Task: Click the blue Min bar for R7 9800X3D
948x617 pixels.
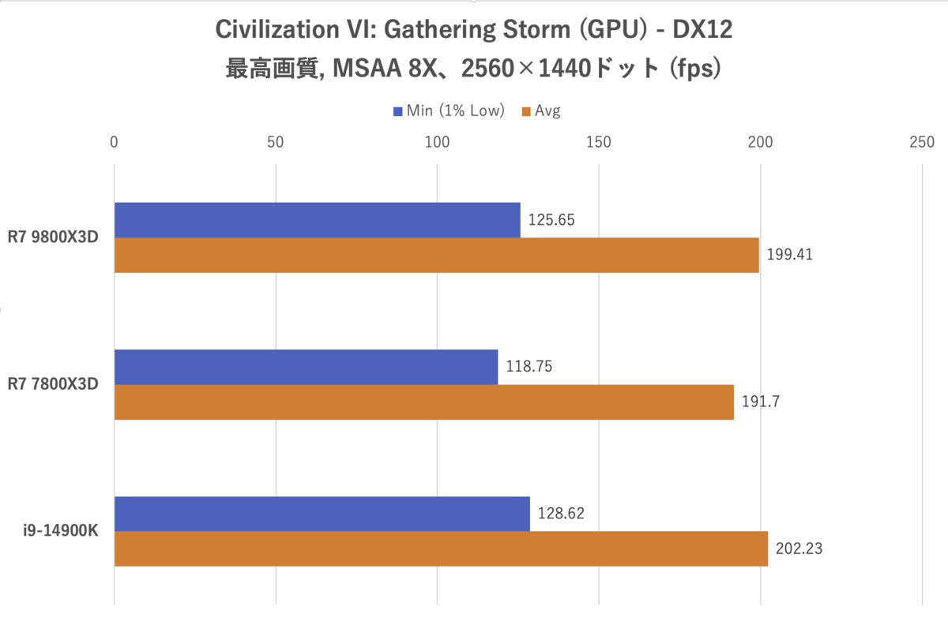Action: (317, 220)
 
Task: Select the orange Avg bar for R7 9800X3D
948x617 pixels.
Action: (436, 255)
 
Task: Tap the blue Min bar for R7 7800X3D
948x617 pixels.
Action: (306, 367)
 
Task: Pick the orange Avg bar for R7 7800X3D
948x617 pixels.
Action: (423, 402)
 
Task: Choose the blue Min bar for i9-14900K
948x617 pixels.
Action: (322, 514)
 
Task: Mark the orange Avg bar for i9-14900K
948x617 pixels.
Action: (441, 548)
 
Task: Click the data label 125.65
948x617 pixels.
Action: (551, 219)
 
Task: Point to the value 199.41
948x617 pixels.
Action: (790, 255)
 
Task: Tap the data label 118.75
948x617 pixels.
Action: (529, 367)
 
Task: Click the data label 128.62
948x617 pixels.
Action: (561, 514)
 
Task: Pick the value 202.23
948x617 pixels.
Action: (799, 548)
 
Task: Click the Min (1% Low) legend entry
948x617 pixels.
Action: (448, 111)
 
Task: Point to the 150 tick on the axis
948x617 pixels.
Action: (599, 143)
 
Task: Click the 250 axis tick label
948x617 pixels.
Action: (922, 143)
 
